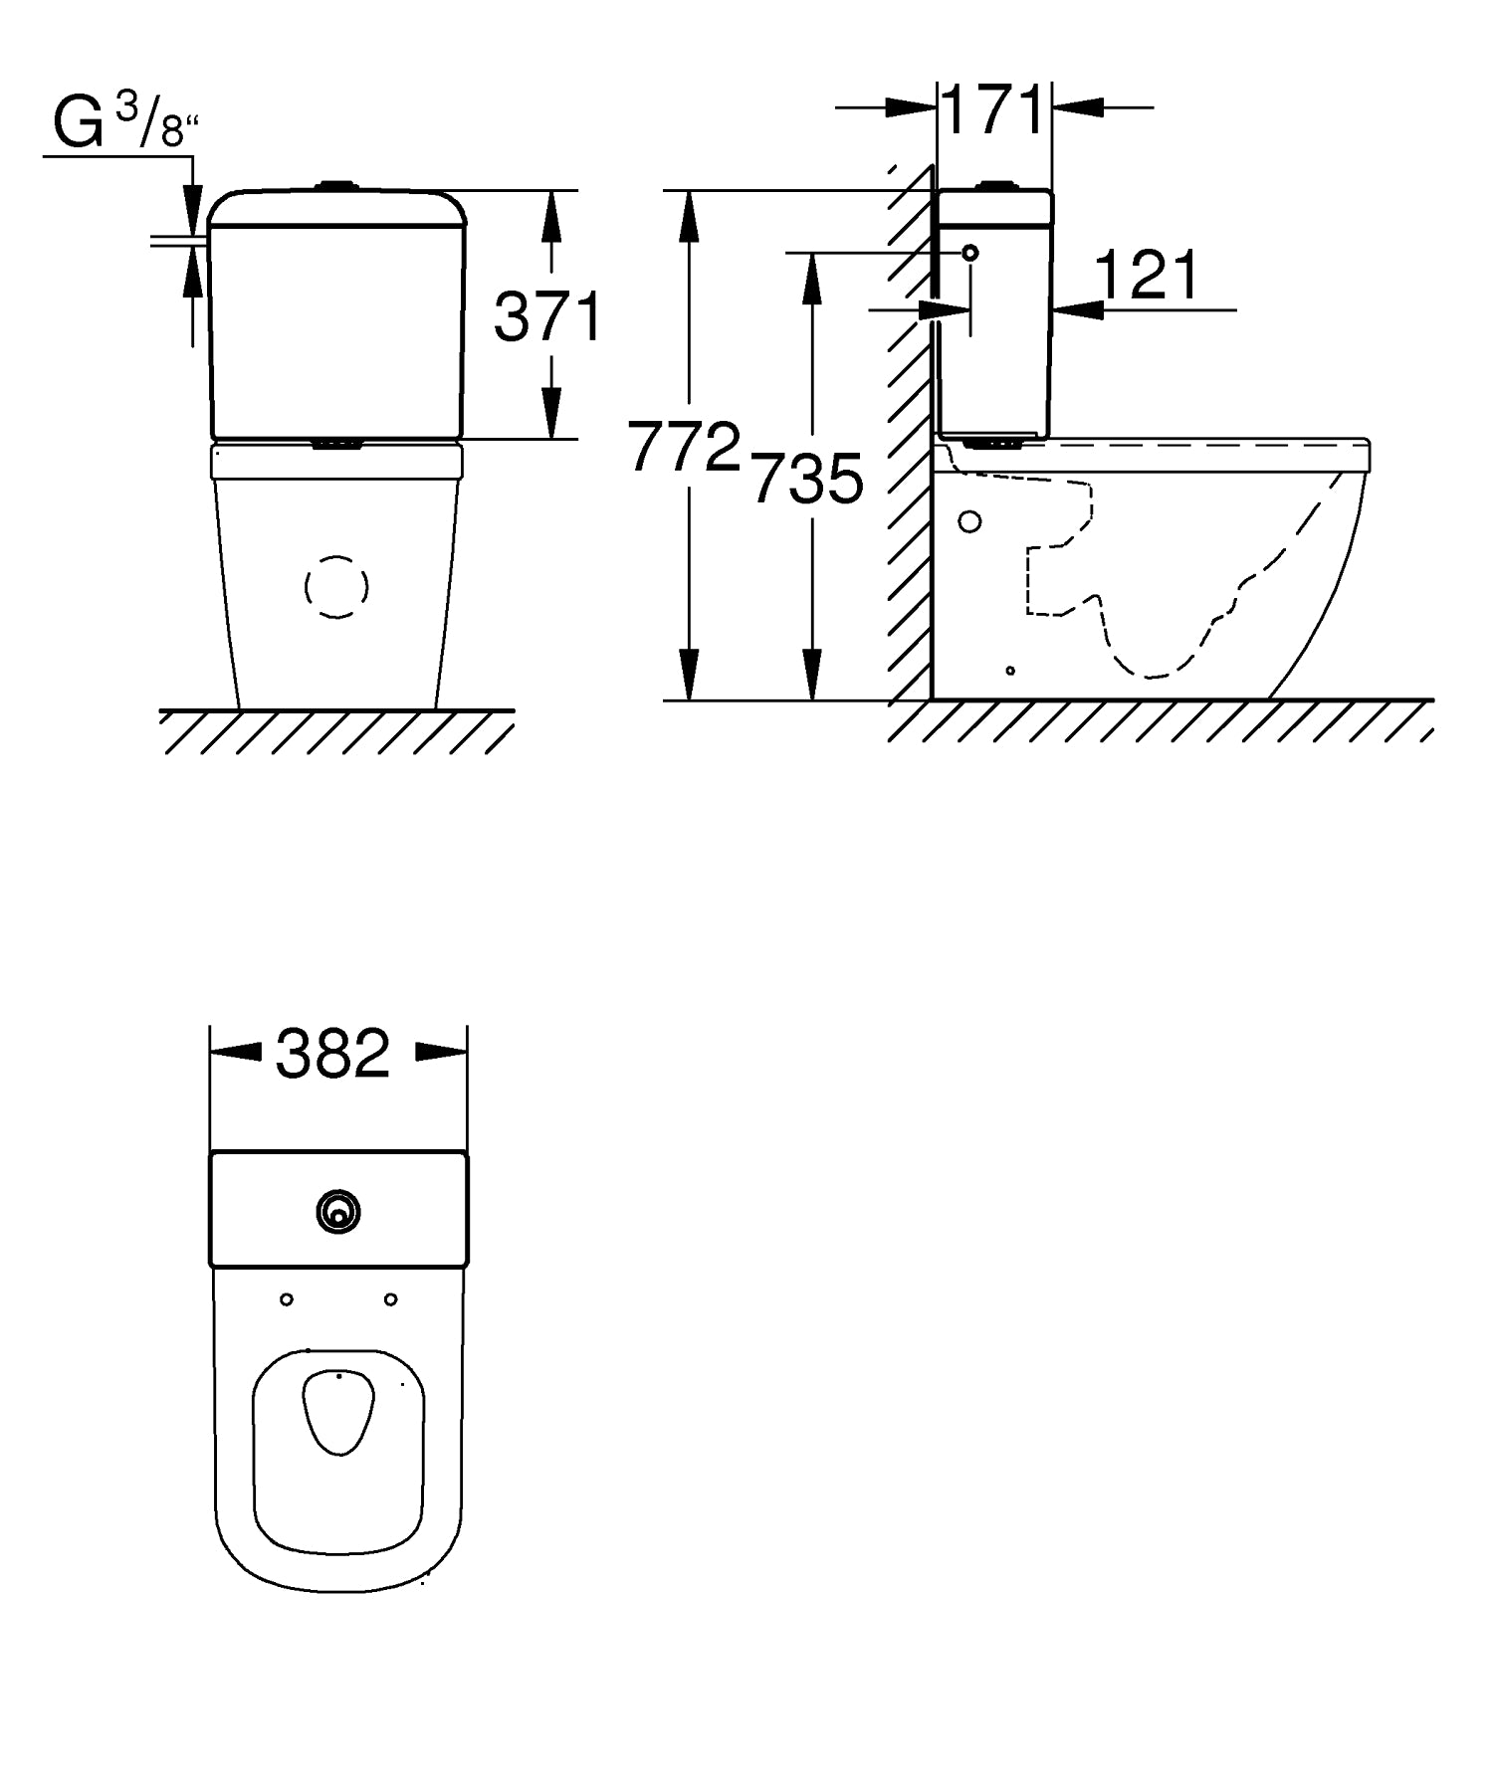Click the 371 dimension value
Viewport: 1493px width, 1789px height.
(548, 316)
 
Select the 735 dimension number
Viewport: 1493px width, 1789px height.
(806, 479)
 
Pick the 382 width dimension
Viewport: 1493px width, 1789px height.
(333, 1054)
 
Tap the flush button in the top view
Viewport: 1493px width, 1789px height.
(339, 1212)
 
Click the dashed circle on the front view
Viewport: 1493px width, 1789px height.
(336, 587)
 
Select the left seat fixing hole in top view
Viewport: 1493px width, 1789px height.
(287, 1299)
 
